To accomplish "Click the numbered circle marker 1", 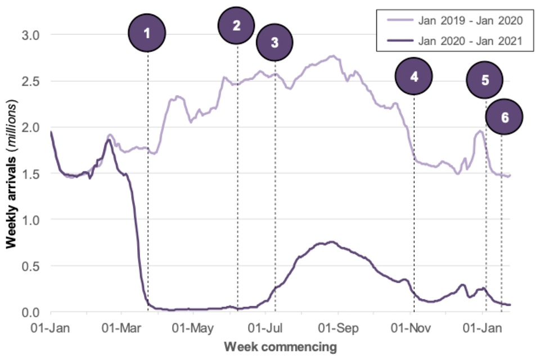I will [x=147, y=33].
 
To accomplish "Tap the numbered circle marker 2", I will [x=237, y=25].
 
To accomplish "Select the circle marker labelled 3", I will [x=274, y=41].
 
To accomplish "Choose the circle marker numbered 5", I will [x=485, y=80].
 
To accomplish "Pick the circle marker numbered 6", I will [x=504, y=117].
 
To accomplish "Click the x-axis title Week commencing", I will [x=281, y=346].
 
